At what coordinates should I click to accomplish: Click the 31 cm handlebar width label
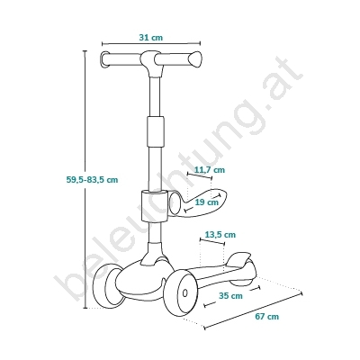[x=151, y=38]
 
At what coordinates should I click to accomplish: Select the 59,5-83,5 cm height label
[x=92, y=180]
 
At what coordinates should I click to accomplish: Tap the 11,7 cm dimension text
[x=210, y=170]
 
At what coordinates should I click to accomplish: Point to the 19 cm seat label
[x=207, y=202]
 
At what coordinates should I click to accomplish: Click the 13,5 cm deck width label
[x=220, y=235]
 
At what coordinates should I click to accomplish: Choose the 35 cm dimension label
[x=230, y=296]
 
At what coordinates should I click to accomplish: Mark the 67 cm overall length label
[x=267, y=317]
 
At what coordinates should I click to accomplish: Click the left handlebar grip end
[x=104, y=59]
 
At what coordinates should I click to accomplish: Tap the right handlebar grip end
[x=196, y=58]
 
